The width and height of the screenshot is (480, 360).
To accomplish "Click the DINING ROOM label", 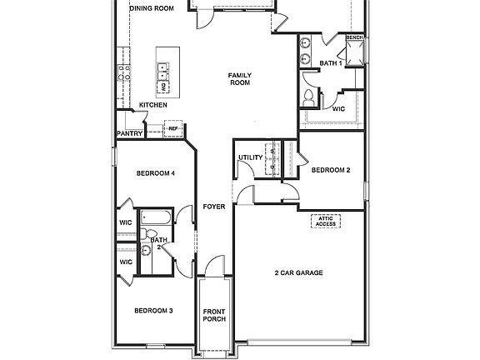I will point(152,7).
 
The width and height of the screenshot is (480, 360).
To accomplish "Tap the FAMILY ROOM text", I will point(240,79).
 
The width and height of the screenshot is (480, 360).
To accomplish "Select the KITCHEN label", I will point(153,105).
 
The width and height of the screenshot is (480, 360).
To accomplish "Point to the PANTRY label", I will point(130,133).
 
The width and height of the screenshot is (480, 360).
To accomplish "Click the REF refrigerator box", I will point(174,129).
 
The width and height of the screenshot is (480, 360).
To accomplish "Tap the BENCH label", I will point(355,37).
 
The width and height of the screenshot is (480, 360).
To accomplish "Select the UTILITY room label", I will point(250,157).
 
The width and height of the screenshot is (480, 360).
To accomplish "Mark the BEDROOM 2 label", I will point(331,171).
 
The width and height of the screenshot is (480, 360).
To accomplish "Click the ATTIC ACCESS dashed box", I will point(326,221).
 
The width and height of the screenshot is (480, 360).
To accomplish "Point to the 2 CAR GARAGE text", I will point(298,272).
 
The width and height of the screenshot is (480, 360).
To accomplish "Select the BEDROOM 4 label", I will point(155,173).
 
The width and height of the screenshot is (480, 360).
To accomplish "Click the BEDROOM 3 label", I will point(153,311).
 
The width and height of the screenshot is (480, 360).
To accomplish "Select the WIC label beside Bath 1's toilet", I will point(339,107).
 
